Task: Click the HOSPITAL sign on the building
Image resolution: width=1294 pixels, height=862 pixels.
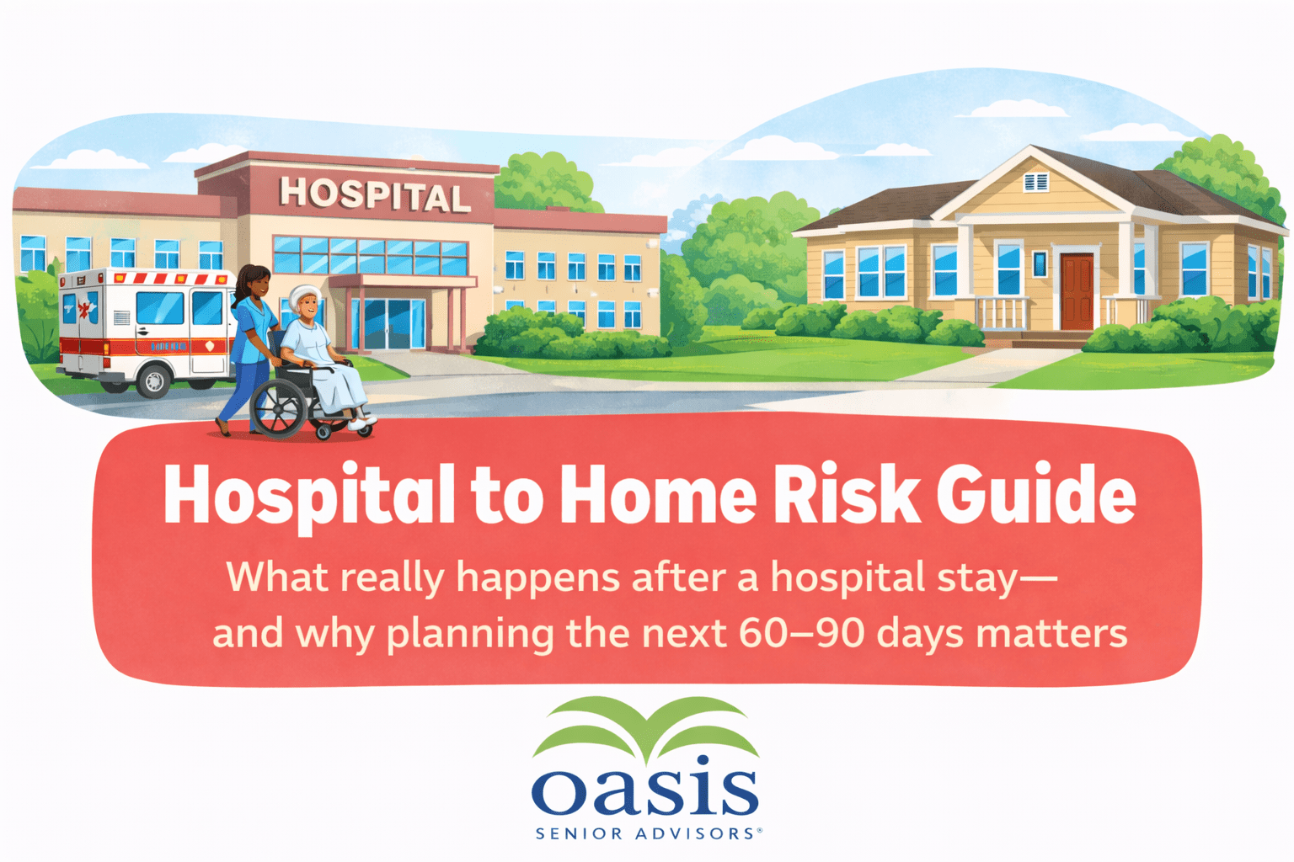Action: tap(374, 194)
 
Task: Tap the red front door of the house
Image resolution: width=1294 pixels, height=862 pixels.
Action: tap(1077, 291)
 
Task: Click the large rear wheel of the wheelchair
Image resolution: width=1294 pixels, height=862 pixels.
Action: tap(279, 407)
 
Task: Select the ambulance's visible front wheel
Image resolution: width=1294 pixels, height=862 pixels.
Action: tap(153, 380)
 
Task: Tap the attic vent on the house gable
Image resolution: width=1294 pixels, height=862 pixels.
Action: tap(1035, 183)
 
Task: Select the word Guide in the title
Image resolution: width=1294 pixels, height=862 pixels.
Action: tap(1036, 495)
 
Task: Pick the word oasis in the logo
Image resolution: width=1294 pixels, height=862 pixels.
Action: tap(644, 785)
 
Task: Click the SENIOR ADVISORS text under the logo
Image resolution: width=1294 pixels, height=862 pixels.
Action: tap(646, 833)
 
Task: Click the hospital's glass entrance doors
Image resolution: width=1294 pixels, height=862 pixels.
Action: tap(388, 323)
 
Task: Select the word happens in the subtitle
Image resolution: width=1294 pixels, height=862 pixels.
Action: tap(537, 578)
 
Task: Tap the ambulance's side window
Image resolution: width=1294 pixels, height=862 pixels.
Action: tap(160, 308)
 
